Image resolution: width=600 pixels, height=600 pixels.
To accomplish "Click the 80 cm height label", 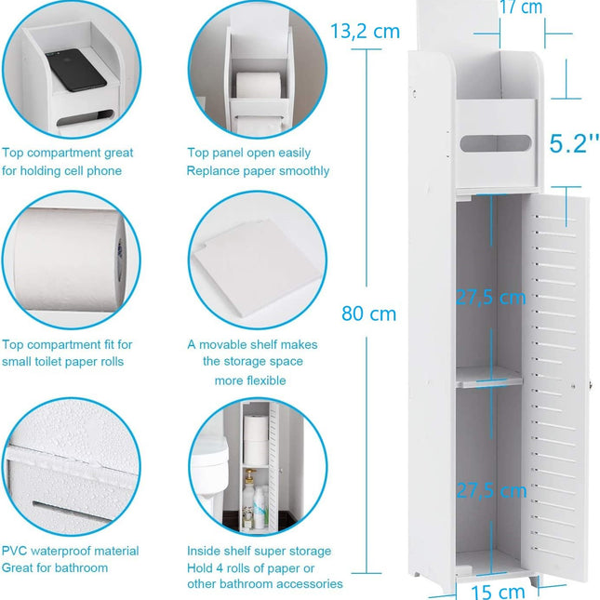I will click(368, 313).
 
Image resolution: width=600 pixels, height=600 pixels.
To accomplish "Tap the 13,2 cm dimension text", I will click(365, 32).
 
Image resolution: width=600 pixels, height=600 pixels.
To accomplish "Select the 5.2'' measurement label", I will click(567, 144).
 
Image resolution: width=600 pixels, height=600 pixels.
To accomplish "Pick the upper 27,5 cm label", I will click(490, 298).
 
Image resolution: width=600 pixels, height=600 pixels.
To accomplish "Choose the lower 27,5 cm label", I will click(490, 490).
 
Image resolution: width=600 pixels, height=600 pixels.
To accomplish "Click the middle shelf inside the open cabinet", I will click(487, 375).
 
